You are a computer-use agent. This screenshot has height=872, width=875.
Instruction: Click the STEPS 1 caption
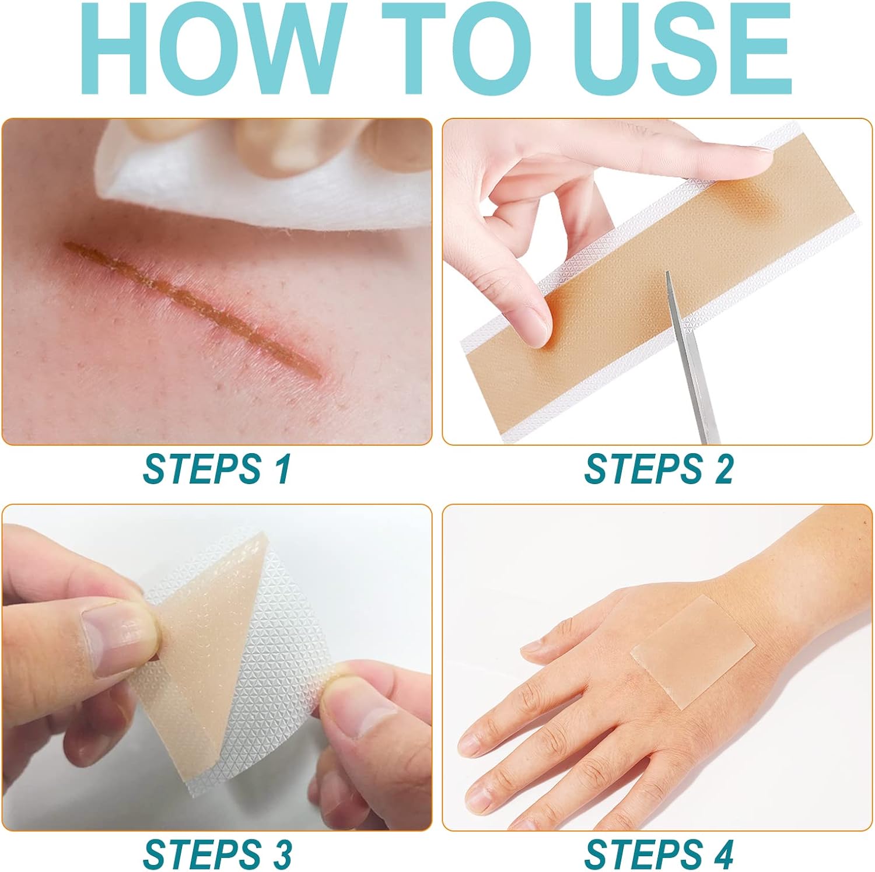(x=216, y=468)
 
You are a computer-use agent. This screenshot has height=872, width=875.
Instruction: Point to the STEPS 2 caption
(x=659, y=468)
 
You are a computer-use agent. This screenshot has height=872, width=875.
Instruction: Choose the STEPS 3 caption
(x=217, y=854)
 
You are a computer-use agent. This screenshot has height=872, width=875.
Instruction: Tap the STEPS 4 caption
(x=659, y=854)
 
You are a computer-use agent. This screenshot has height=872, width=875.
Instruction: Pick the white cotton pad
(x=262, y=175)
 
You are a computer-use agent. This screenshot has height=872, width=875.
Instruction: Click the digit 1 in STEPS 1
(x=282, y=468)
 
